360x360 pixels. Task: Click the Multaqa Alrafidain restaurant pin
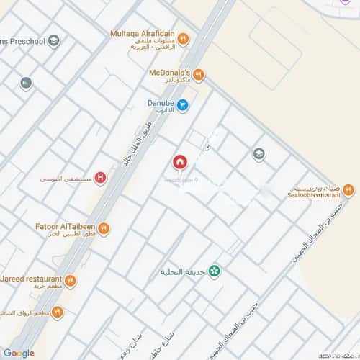click(x=183, y=38)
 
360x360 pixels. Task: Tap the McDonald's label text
click(x=168, y=73)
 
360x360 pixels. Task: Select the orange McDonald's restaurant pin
click(x=199, y=74)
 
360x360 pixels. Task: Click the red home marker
click(x=179, y=162)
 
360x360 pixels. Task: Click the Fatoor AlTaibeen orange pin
click(x=103, y=229)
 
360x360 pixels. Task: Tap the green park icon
click(x=214, y=271)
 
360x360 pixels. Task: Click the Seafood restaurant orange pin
click(x=348, y=190)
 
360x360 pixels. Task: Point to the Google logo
click(x=19, y=352)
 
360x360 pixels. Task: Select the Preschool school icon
click(x=54, y=41)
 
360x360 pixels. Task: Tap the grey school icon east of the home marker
click(x=258, y=153)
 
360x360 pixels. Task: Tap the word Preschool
click(x=24, y=41)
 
